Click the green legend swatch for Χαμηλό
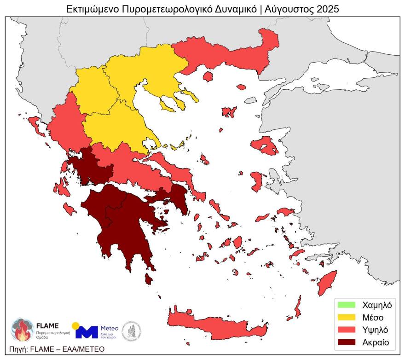pos(347,305)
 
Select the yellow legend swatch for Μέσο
pos(347,317)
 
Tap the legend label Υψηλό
pos(375,330)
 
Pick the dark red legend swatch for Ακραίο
pos(347,343)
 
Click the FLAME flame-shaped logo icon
pos(22,330)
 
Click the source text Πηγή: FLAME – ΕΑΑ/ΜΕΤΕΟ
pos(56,349)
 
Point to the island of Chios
pos(257,180)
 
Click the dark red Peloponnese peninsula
pos(124,221)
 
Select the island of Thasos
pos(208,76)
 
